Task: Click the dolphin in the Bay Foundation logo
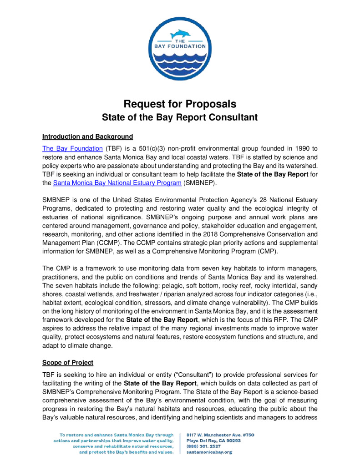click(x=179, y=34)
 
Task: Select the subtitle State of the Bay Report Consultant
click(x=180, y=117)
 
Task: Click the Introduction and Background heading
click(x=87, y=137)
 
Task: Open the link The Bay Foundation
click(x=72, y=148)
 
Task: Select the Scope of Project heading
click(x=68, y=363)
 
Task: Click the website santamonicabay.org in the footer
click(x=210, y=452)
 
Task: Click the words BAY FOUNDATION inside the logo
click(x=180, y=46)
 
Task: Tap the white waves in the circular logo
click(x=180, y=61)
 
